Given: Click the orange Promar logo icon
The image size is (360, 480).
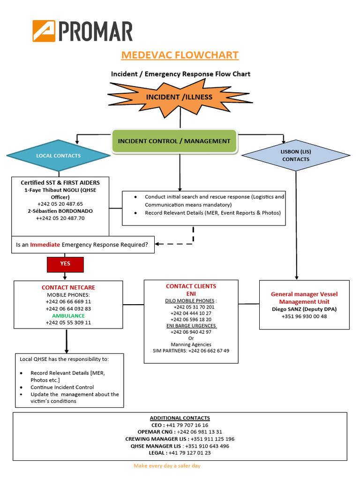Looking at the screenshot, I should (x=44, y=31).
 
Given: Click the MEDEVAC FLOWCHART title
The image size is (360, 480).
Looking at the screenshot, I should (x=180, y=55).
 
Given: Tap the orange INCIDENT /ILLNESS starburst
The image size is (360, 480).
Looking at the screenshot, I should (x=180, y=97).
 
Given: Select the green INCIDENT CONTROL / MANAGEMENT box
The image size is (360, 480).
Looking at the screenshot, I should (x=174, y=141).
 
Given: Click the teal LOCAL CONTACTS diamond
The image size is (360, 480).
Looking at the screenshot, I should (x=59, y=156).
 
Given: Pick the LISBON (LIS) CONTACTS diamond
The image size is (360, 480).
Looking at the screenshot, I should (x=295, y=156).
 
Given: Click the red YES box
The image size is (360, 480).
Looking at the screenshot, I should (x=65, y=264).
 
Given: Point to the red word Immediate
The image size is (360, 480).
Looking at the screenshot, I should (x=45, y=244).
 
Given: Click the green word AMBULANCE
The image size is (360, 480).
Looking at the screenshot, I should (x=68, y=316).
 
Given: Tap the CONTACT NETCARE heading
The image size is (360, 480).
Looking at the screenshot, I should (x=68, y=287).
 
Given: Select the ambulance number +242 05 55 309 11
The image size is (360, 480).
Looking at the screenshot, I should (x=68, y=323).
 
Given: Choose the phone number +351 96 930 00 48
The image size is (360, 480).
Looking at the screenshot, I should (x=304, y=316).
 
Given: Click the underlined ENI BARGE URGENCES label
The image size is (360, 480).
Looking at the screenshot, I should (x=191, y=325).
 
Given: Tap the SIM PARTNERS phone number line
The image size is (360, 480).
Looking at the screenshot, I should (x=191, y=351).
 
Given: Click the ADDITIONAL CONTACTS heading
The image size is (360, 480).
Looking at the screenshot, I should (x=180, y=418).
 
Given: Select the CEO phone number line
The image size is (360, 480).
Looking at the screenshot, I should (x=180, y=425).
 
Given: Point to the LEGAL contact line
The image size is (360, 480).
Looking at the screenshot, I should (x=180, y=453).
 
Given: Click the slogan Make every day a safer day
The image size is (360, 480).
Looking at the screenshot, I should (x=167, y=466).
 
